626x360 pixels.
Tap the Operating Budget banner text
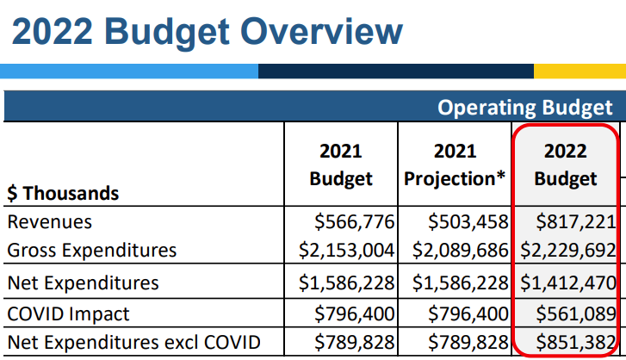click(525, 108)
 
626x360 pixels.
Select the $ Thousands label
click(64, 193)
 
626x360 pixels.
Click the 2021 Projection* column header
click(455, 165)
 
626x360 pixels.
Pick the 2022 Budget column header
click(565, 165)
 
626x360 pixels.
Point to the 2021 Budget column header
click(341, 165)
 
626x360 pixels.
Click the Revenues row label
click(50, 222)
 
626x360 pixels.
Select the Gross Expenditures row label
click(92, 251)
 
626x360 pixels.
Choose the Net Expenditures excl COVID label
click(133, 342)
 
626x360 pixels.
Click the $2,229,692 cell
click(569, 251)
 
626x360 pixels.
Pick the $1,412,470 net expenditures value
click(569, 282)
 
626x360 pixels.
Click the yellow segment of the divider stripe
click(580, 71)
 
